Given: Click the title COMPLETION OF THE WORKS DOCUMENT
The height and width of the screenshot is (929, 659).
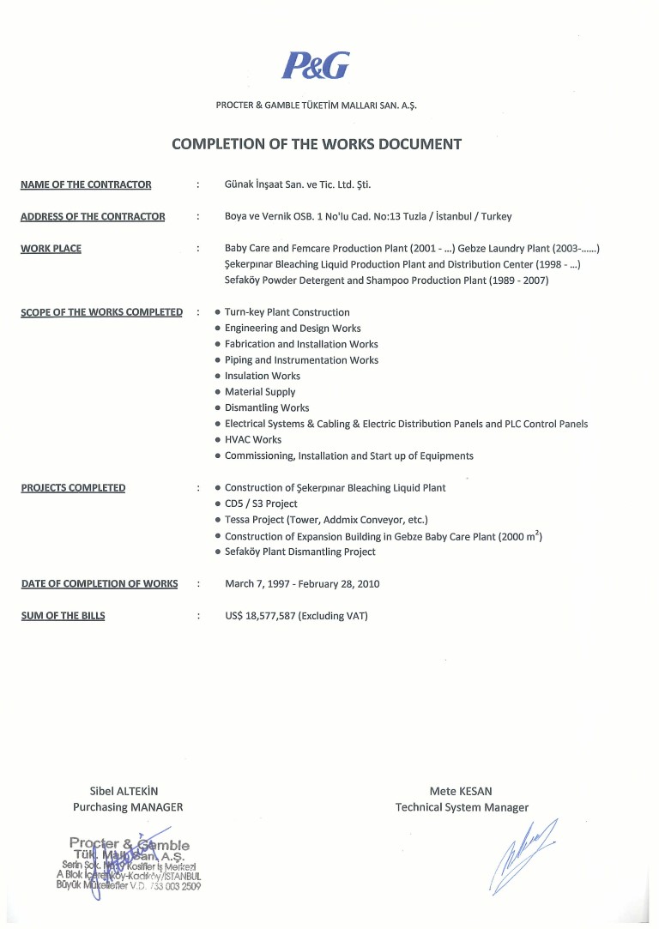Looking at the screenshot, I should click(317, 144).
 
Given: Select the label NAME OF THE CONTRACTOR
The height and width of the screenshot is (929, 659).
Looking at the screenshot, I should click(86, 184).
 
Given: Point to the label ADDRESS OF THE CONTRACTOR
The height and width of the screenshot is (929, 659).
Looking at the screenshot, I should click(93, 216).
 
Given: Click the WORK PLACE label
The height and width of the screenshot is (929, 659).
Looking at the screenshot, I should click(51, 249).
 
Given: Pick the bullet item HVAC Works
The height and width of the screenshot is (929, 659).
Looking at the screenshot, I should click(253, 440).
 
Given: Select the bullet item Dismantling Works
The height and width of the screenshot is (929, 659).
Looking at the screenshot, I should click(267, 408).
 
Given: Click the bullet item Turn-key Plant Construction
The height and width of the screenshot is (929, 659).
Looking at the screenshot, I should click(287, 312).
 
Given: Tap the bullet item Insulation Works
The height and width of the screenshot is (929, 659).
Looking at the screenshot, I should click(263, 376).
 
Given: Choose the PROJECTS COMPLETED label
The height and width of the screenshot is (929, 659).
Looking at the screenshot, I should click(73, 488).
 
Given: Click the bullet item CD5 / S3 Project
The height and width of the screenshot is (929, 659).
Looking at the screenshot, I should click(261, 504).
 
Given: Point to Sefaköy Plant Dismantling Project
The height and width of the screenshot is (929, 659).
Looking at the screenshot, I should click(300, 552).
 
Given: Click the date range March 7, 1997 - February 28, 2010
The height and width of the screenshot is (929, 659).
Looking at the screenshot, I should click(302, 584).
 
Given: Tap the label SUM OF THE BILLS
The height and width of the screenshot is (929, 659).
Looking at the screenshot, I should click(63, 616).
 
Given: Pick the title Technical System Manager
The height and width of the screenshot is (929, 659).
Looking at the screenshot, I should click(462, 807).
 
